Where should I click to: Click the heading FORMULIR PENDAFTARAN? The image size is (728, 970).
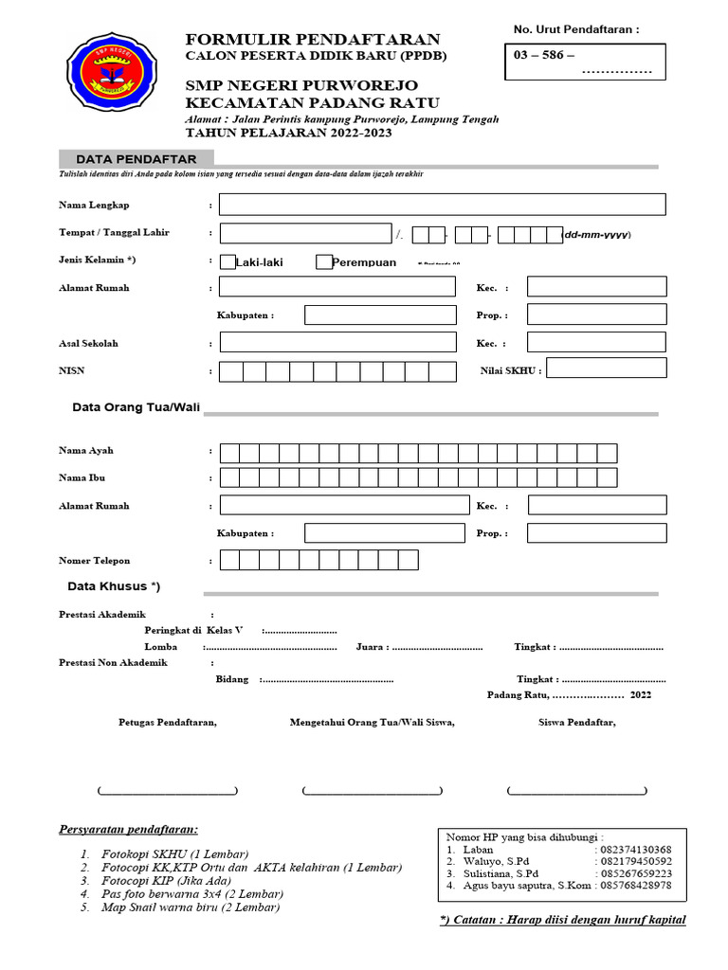click(312, 39)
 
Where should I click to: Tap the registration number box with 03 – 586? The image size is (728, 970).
click(584, 62)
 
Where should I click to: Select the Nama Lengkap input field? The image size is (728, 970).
click(442, 205)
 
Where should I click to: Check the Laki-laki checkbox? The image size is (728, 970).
click(227, 262)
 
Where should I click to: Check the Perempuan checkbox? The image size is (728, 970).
click(324, 262)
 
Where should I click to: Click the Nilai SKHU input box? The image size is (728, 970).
click(606, 368)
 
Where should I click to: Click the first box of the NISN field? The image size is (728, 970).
click(230, 371)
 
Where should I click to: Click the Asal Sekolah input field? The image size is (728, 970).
click(336, 343)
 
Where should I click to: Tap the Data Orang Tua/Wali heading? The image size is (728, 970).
click(136, 407)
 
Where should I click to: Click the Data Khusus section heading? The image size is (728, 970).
click(113, 586)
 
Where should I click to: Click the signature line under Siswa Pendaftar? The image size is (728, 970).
click(577, 791)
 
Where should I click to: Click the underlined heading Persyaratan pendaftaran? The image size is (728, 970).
click(129, 829)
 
